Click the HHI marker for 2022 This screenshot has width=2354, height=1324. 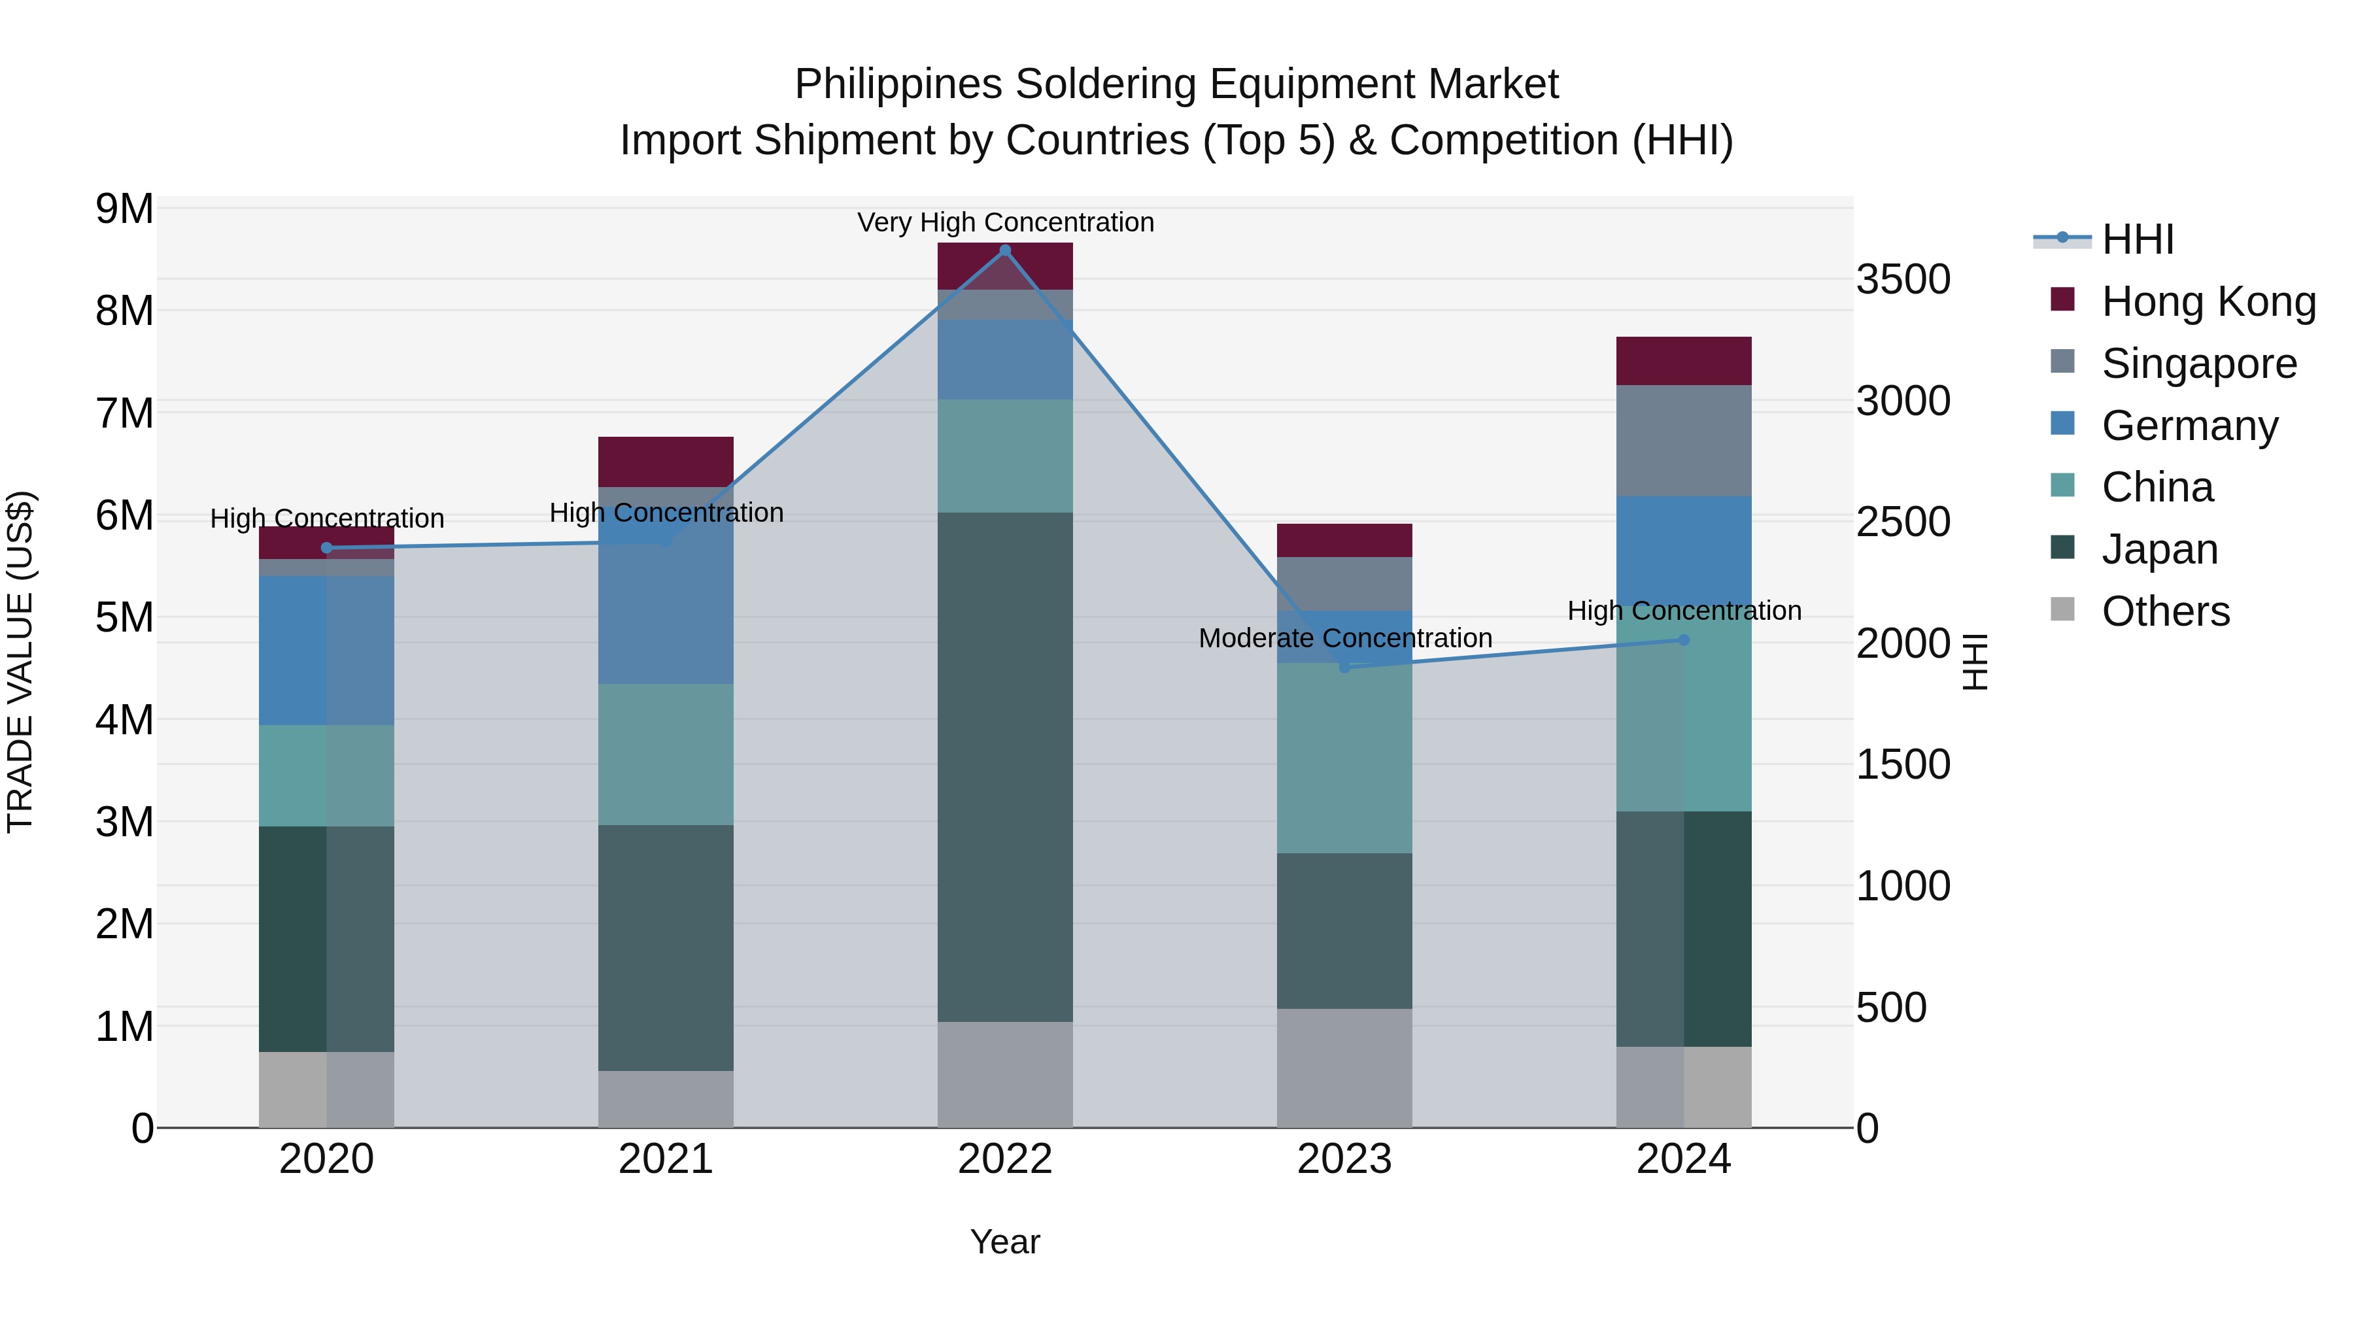coord(1005,250)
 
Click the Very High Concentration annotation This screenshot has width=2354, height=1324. coord(1005,223)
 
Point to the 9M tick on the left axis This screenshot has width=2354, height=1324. coord(125,209)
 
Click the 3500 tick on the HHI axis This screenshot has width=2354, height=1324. coord(1903,280)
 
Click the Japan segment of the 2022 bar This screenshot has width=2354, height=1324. coord(1005,768)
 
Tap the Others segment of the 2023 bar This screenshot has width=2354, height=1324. coord(1344,1068)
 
